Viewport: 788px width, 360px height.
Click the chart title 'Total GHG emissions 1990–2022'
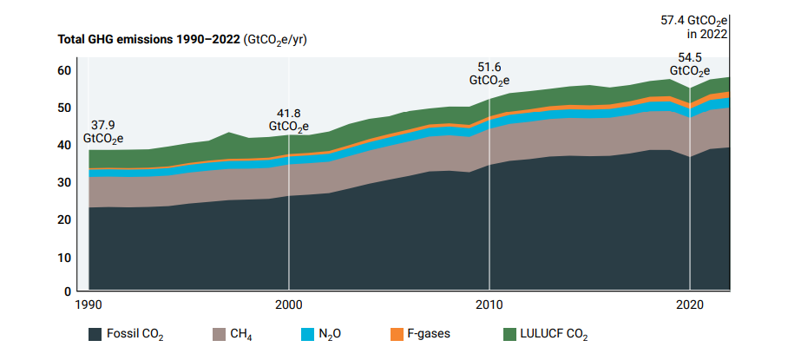tap(149, 39)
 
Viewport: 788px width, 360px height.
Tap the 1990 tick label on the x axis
tap(89, 305)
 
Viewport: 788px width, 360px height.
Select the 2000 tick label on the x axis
tap(289, 305)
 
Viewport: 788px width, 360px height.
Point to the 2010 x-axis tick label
tap(489, 305)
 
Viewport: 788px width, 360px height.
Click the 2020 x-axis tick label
tap(690, 305)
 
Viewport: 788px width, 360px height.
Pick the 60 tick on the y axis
tap(63, 70)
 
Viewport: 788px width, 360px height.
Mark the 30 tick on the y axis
tap(63, 183)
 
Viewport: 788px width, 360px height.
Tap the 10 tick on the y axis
tap(63, 258)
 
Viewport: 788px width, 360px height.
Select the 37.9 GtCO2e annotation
tap(103, 130)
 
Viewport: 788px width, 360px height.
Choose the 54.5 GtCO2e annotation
tap(690, 65)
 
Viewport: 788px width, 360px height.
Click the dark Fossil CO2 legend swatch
tap(95, 334)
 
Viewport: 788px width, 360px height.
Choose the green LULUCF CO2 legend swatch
tap(510, 334)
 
